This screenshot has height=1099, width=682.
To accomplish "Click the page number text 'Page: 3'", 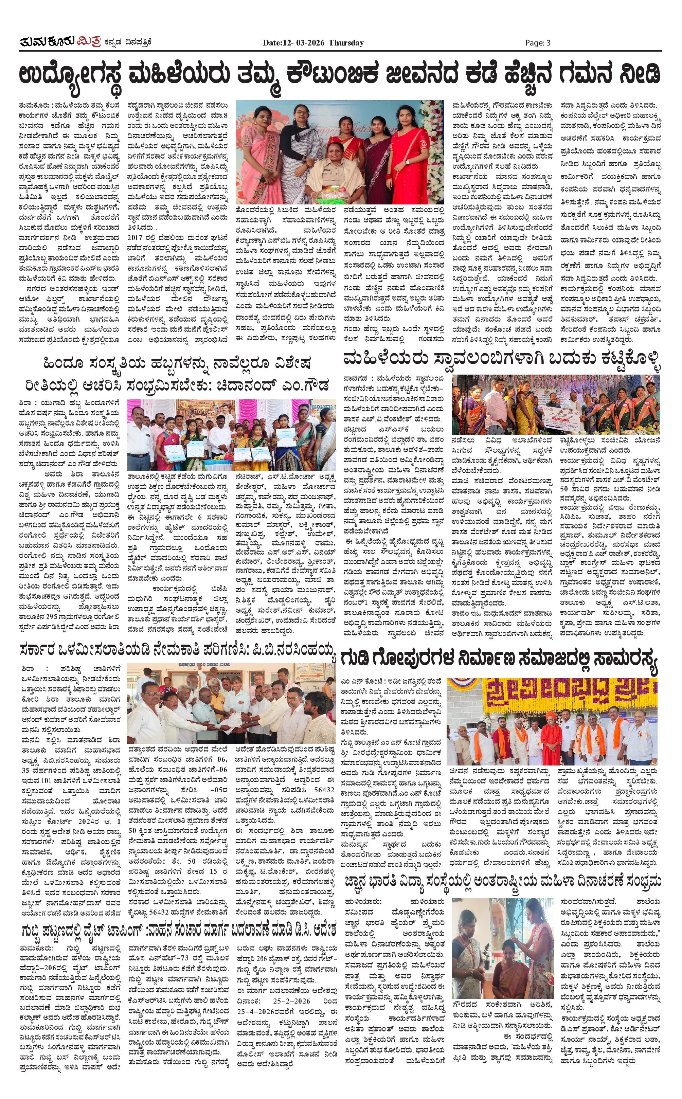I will point(538,43).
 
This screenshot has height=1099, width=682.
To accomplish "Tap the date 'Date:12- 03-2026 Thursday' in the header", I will point(313,43).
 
